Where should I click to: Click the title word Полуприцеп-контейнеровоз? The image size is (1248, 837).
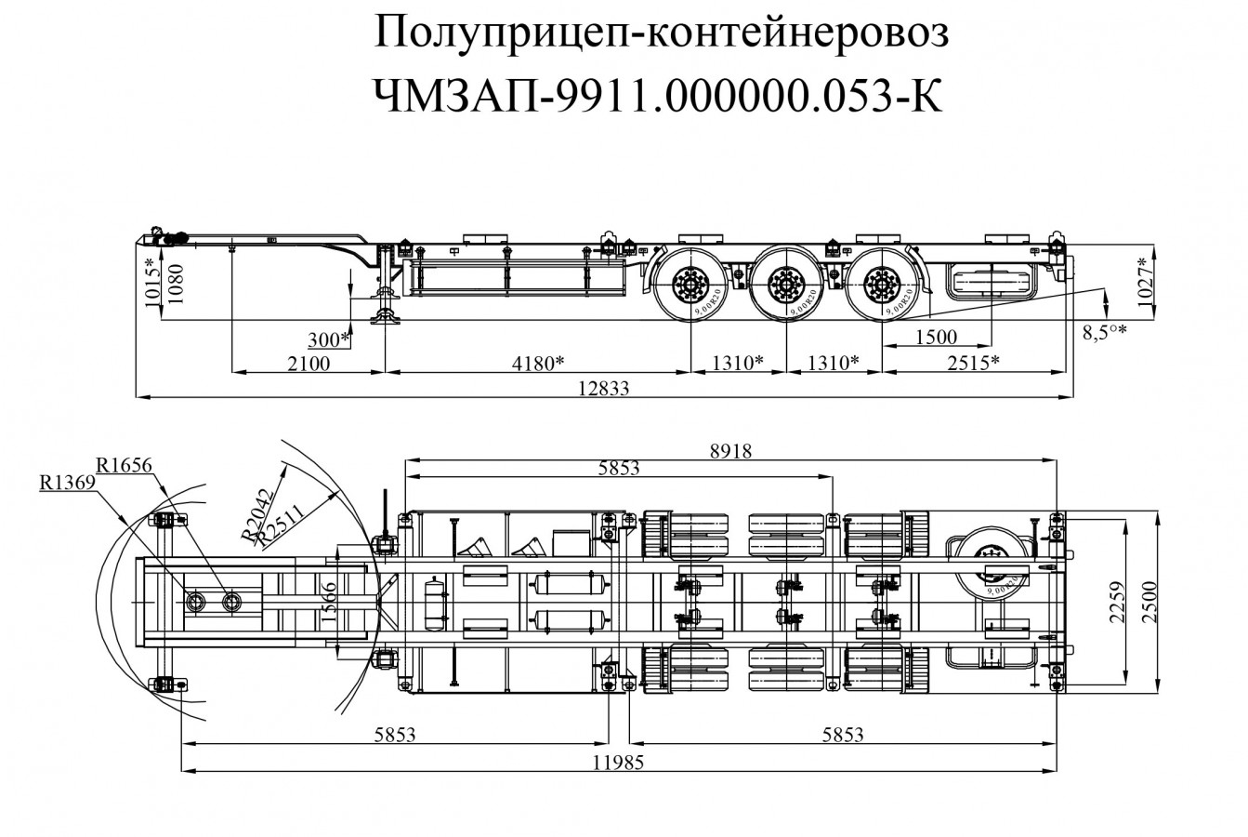point(663,35)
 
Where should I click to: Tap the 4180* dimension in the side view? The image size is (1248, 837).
point(539,363)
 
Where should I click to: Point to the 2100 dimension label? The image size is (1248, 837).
point(308,363)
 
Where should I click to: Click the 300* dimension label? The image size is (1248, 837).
point(330,339)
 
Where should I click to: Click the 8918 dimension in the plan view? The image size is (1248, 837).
point(729,451)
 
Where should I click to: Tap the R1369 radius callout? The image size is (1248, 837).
point(67,483)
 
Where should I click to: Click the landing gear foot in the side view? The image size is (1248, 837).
point(385,319)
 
